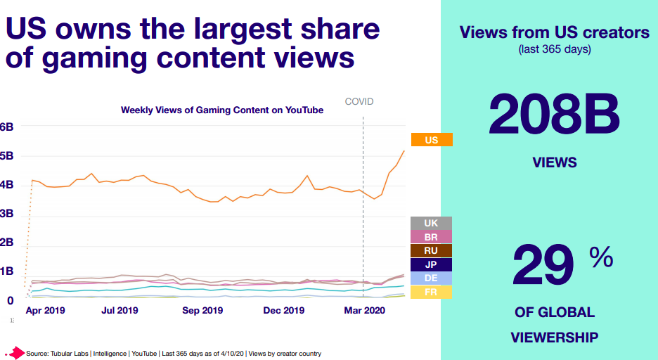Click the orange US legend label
[x=431, y=140]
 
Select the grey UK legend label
[x=431, y=224]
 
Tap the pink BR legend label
[x=431, y=238]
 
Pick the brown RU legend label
[x=431, y=251]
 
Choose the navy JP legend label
[x=431, y=264]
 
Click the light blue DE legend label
[x=431, y=278]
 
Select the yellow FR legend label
[x=431, y=292]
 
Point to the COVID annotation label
[x=359, y=102]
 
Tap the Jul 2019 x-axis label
[x=120, y=310]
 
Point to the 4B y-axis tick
[x=6, y=185]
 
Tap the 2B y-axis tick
[x=6, y=243]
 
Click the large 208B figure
[x=554, y=115]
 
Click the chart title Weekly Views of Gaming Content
[x=222, y=110]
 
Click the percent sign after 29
[x=601, y=259]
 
